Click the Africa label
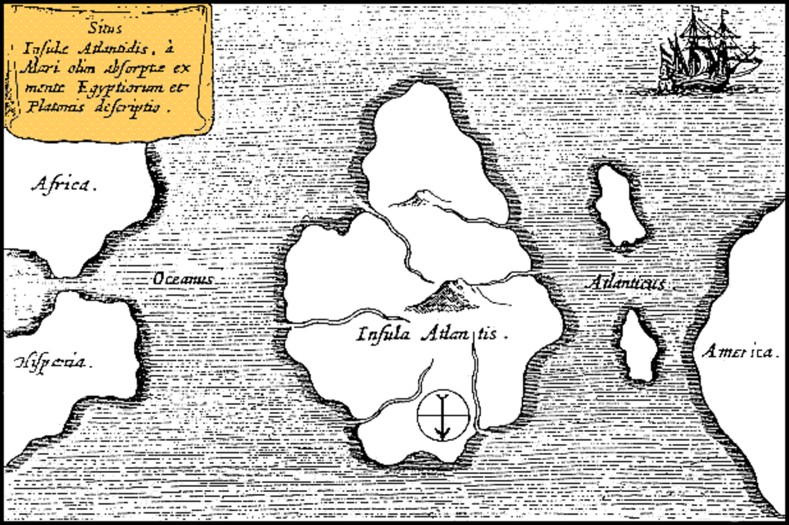(64, 185)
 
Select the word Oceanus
(183, 279)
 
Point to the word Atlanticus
(627, 283)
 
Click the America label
(740, 352)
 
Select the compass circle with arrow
(443, 415)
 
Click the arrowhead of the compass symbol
(443, 434)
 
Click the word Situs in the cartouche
(105, 28)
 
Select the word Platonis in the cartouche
(55, 107)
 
